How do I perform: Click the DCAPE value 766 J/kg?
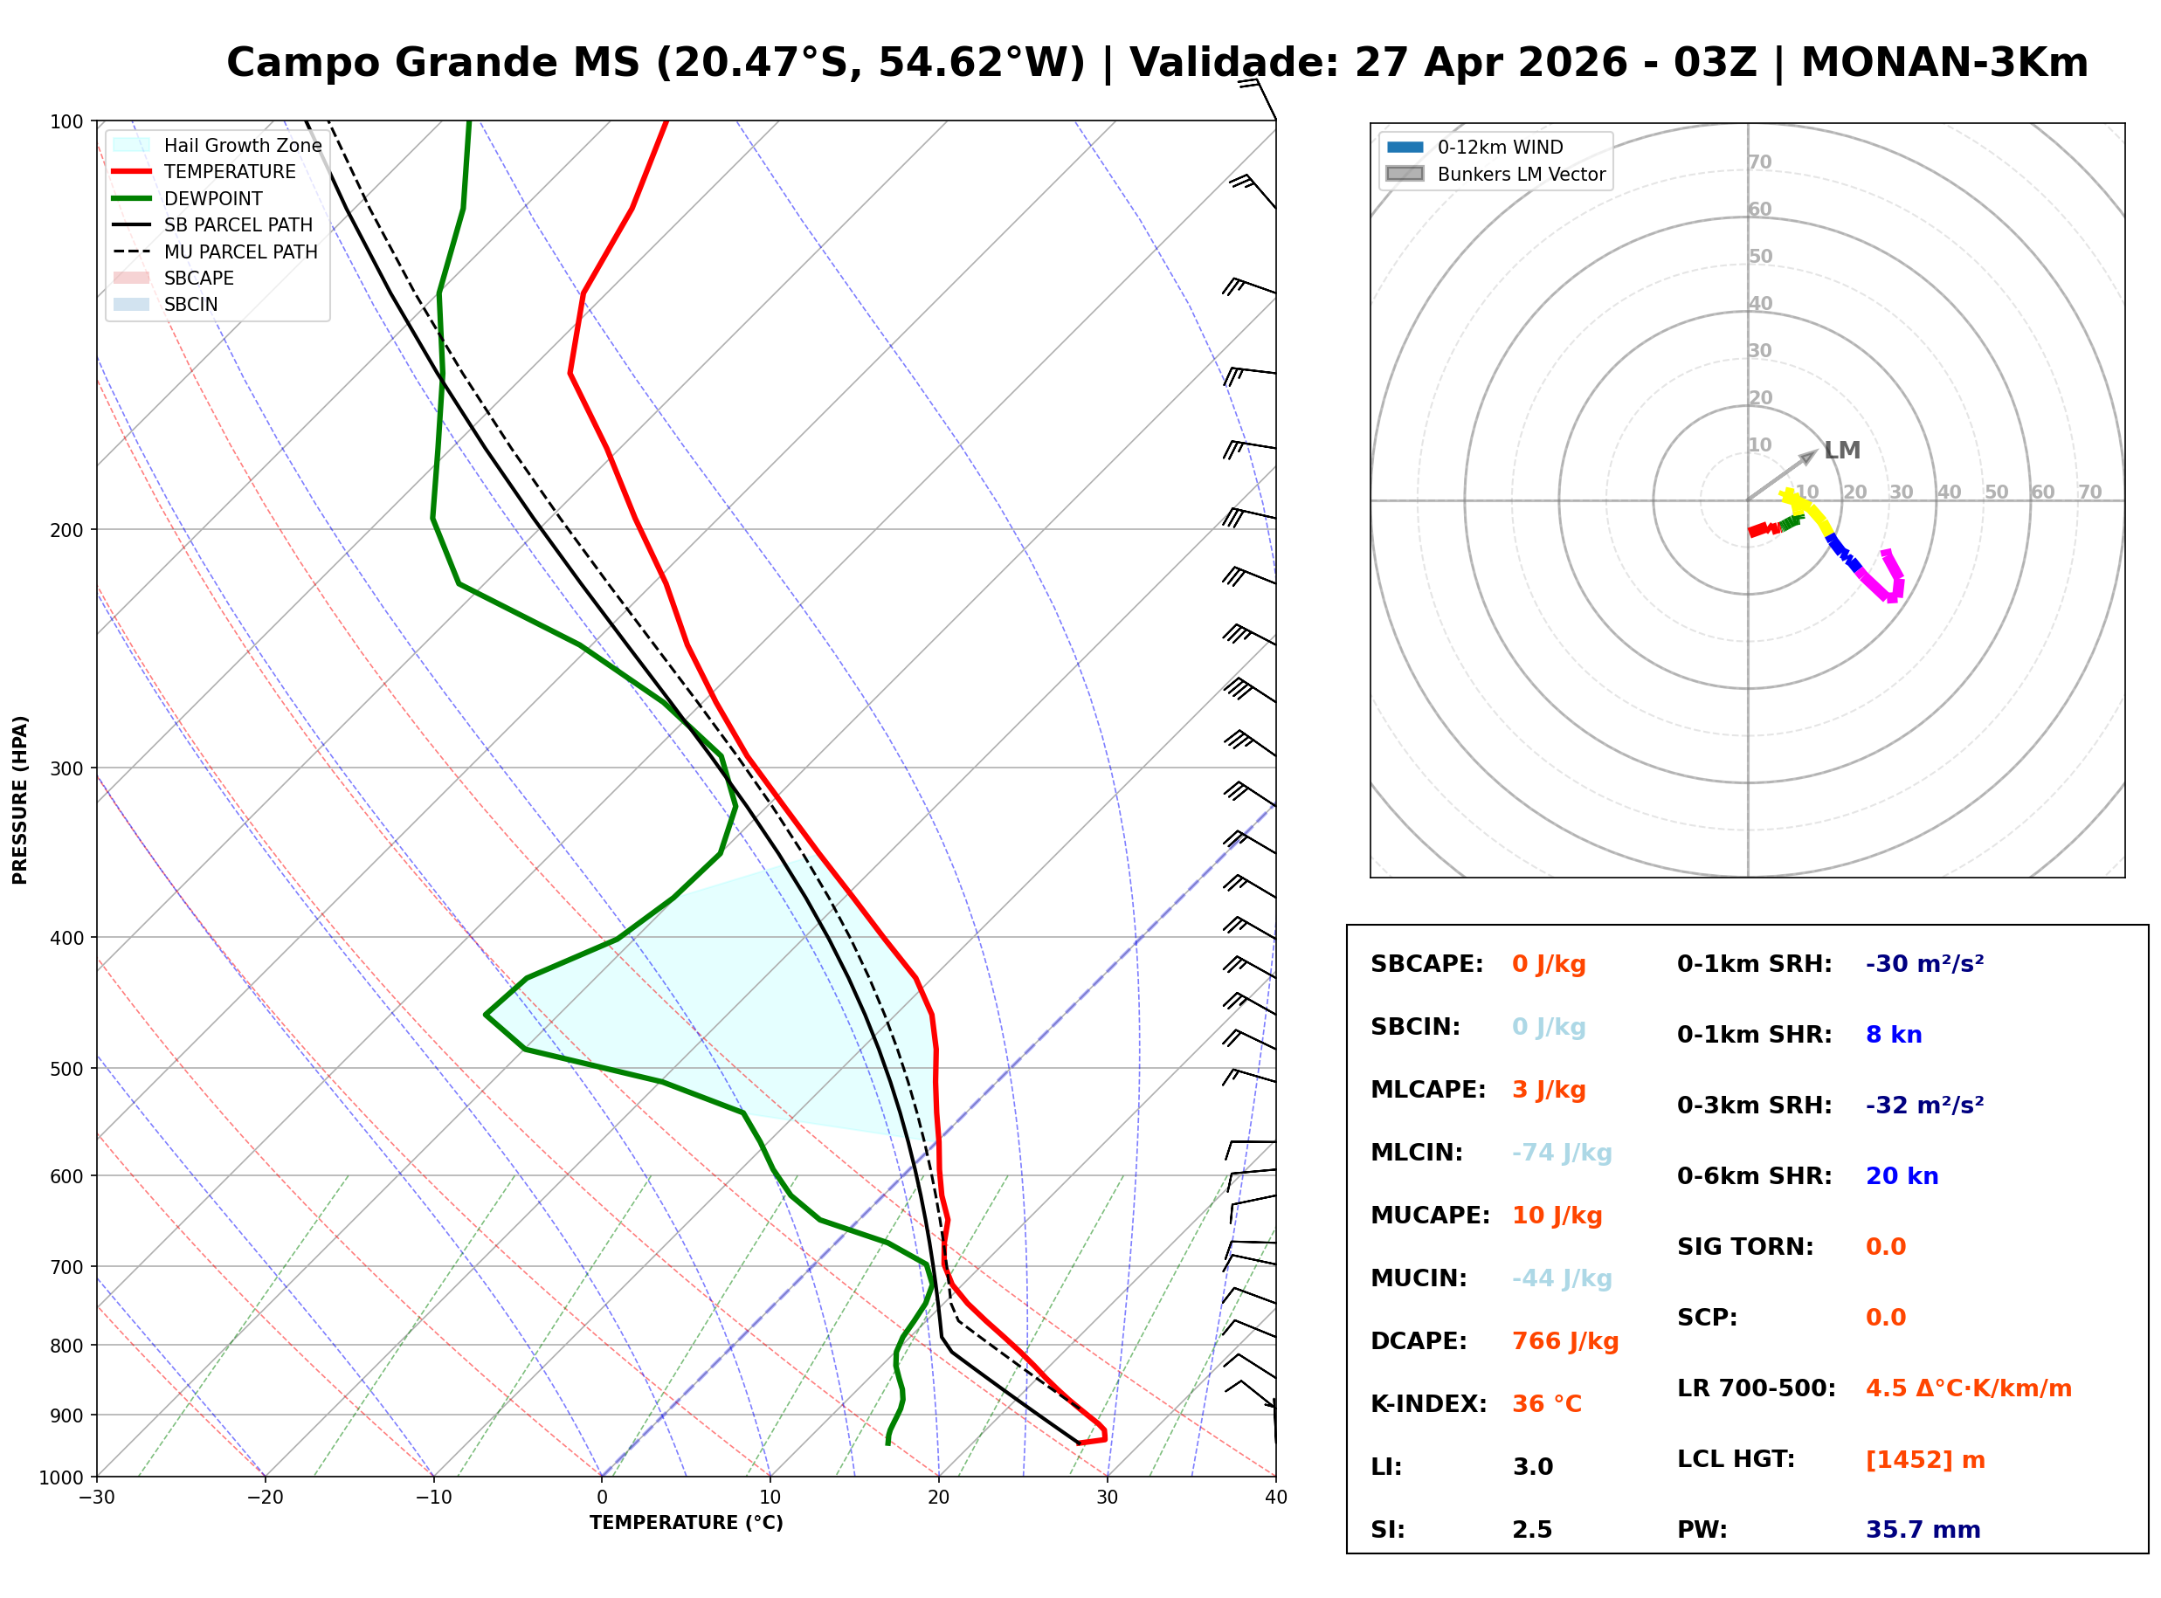1564,1340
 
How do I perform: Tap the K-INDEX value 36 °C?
1546,1403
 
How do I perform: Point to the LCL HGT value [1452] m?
1924,1460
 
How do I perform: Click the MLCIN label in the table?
1416,1152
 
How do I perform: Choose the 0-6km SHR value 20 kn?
1901,1176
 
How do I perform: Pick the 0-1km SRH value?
1924,964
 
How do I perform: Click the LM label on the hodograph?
1842,451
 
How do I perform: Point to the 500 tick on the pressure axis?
66,1069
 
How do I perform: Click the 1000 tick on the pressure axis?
61,1477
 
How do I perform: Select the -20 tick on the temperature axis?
264,1498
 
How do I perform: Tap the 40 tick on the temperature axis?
1275,1498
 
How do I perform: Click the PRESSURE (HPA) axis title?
19,799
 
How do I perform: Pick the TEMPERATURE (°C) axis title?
686,1523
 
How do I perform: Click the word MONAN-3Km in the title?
1944,63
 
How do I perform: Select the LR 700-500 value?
1968,1389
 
